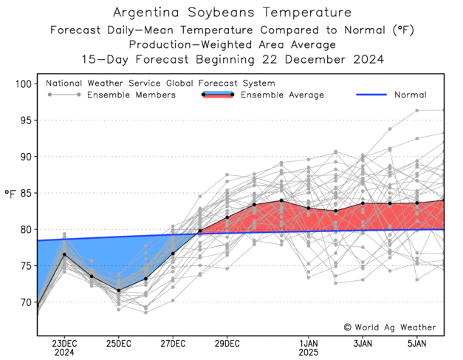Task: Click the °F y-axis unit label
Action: click(10, 194)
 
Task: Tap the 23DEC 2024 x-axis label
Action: click(64, 347)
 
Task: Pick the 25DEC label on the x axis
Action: click(118, 343)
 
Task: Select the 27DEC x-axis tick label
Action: click(173, 343)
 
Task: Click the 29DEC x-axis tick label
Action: click(227, 343)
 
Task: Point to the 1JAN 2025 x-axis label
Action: click(309, 347)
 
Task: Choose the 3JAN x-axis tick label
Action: click(363, 343)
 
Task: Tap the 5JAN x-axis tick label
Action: click(417, 343)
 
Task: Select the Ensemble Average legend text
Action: click(282, 95)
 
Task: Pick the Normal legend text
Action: click(410, 95)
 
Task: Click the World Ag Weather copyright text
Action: click(390, 327)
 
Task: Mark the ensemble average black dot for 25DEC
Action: click(118, 291)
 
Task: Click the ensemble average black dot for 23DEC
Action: click(64, 254)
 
